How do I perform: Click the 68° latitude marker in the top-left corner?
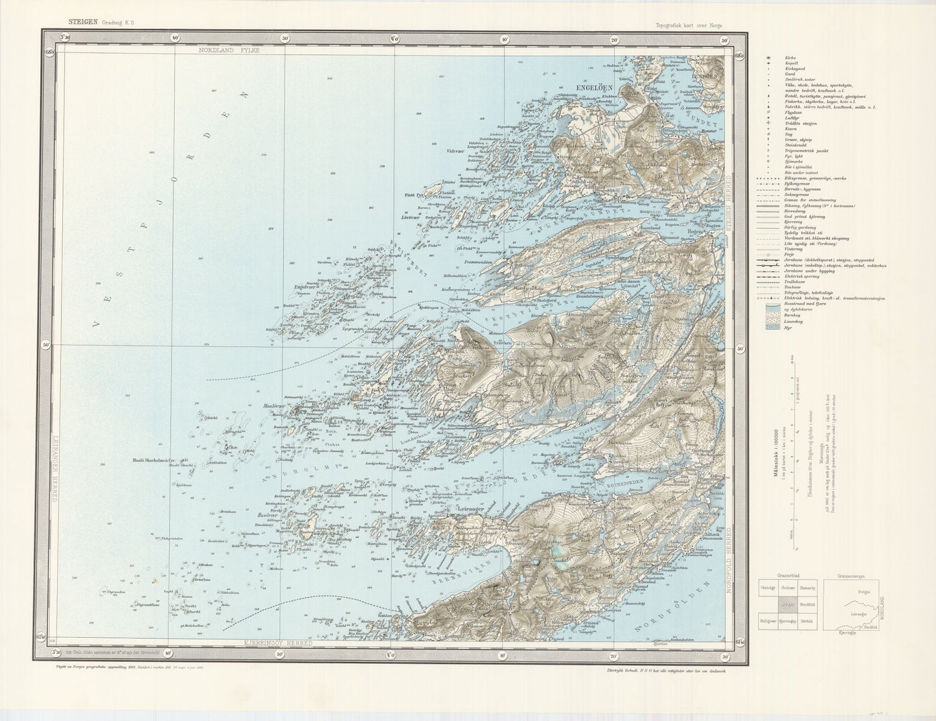(49, 53)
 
